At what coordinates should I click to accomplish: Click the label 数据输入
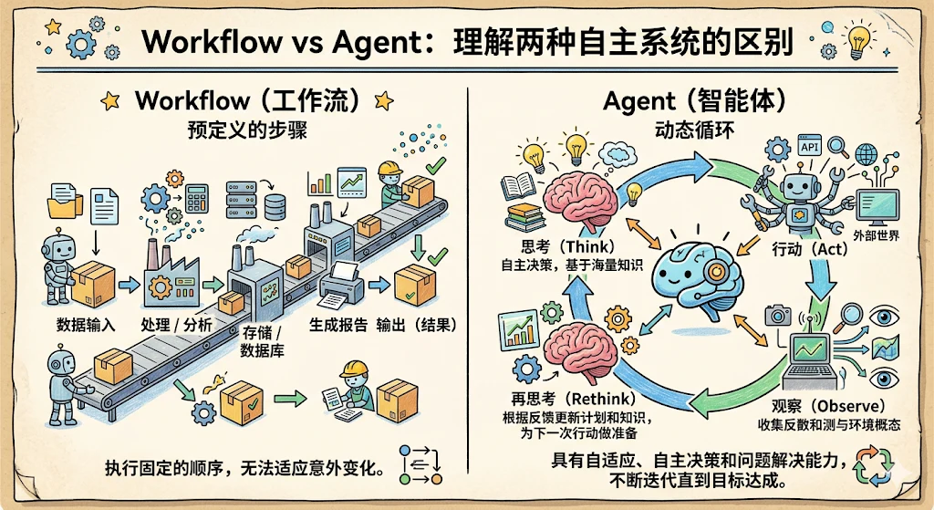point(86,325)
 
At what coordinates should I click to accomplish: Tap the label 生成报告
point(338,325)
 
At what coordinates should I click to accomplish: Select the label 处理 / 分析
point(176,325)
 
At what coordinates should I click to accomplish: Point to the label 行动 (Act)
point(810,248)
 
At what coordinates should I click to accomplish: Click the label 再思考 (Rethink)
point(573,398)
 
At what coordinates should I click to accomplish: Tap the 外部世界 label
point(877,235)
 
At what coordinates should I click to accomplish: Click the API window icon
point(810,146)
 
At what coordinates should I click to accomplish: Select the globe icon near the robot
point(867,154)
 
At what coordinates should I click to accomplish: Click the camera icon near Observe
point(777,315)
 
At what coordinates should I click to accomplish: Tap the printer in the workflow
point(342,284)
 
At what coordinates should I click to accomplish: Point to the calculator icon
point(197,198)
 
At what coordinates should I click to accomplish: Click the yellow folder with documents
point(65,201)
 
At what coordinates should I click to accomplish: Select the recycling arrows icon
point(873,466)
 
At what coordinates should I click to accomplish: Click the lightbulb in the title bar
point(857,40)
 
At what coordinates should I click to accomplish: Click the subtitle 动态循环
point(693,130)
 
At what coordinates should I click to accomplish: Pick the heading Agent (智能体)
point(694,101)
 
